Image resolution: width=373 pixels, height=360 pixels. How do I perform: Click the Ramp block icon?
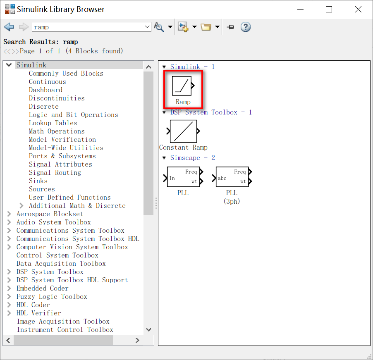pos(182,86)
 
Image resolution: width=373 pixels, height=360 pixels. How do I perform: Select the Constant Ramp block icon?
pos(183,131)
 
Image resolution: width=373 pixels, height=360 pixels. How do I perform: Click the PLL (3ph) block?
pos(232,177)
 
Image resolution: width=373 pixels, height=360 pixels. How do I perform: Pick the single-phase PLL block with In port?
pos(183,177)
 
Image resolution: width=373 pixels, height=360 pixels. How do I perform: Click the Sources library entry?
pos(42,189)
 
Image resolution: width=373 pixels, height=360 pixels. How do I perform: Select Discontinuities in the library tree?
pos(57,98)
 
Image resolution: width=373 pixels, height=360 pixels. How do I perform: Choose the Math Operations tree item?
pos(57,131)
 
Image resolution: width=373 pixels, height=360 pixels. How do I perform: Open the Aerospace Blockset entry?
pos(50,214)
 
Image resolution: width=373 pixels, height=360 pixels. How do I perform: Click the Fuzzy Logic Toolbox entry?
pos(52,297)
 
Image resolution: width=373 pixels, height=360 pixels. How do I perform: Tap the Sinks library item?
pos(38,181)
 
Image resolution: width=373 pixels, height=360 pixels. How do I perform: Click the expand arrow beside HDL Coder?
pos(9,305)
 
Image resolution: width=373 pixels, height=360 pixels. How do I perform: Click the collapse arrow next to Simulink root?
pos(9,65)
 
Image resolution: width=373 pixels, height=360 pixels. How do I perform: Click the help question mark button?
pos(246,27)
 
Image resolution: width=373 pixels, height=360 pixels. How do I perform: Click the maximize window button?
pos(329,10)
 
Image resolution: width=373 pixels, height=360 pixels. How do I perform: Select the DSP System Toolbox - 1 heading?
pos(211,112)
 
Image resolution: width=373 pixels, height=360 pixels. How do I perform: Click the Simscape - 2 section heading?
pos(193,158)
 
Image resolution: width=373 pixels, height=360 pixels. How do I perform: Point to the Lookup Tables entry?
pos(53,123)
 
